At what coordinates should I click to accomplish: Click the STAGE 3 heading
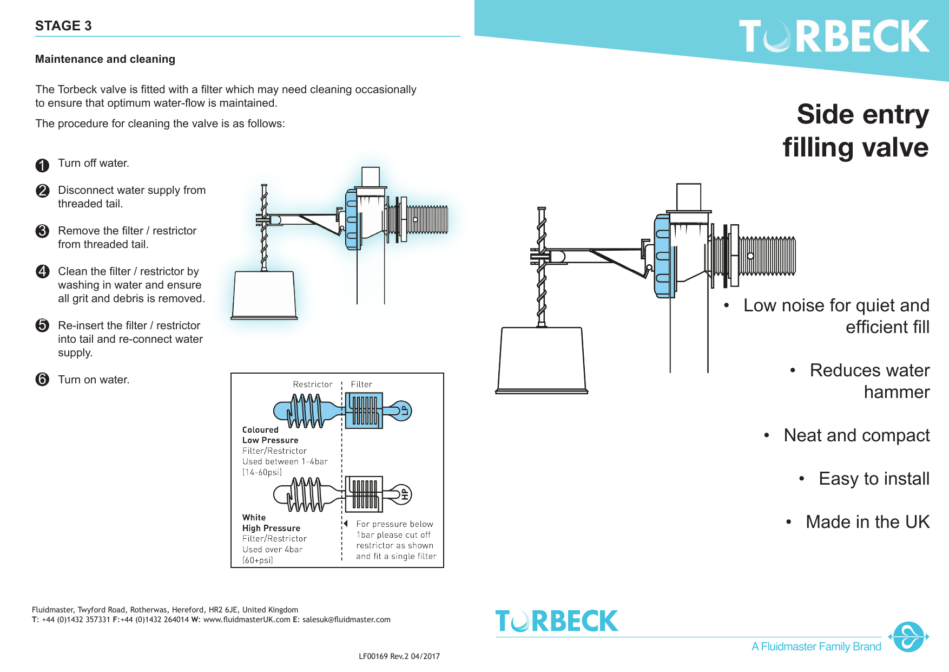pos(63,25)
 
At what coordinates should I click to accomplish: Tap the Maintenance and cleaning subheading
pos(105,59)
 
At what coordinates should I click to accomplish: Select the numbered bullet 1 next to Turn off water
pos(42,165)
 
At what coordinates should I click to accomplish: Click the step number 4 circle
pos(42,271)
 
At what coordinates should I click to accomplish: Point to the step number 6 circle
pos(42,379)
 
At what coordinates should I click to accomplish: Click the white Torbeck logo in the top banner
pos(834,37)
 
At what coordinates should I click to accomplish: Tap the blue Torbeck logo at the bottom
pos(556,621)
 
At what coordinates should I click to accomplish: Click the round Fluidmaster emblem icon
pos(908,637)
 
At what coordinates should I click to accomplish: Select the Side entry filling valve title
pos(856,131)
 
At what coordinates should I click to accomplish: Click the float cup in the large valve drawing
pos(542,358)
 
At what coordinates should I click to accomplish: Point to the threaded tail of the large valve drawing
pos(767,256)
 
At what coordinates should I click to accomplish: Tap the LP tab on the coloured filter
pos(404,410)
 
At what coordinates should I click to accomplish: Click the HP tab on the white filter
pos(404,494)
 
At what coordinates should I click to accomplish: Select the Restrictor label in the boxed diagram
pos(313,384)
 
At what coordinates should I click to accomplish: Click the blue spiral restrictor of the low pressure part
pos(307,410)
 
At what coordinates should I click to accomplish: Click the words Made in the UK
pos(867,522)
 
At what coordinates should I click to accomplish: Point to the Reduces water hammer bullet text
pos(869,381)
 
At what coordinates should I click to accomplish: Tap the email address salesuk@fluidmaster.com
pos(346,619)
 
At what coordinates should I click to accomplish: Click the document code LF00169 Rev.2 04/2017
pos(399,656)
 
